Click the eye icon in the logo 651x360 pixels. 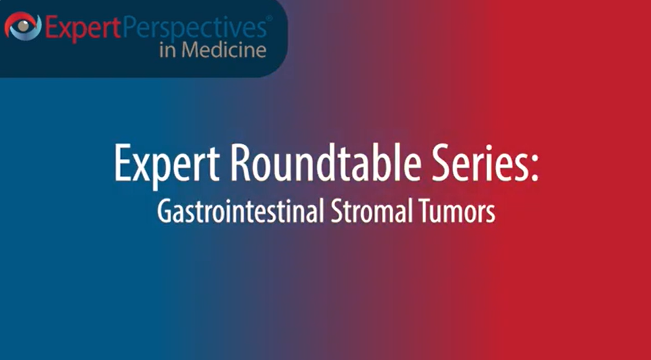click(x=23, y=27)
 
